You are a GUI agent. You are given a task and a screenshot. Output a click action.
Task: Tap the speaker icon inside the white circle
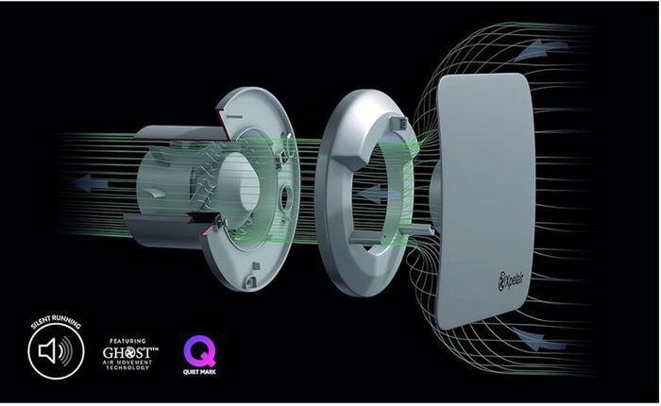coord(55,350)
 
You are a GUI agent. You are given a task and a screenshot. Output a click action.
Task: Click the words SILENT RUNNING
coord(55,321)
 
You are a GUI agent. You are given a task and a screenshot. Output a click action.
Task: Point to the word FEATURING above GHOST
coord(127,341)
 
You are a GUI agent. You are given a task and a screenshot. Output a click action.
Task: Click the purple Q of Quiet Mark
coord(199,351)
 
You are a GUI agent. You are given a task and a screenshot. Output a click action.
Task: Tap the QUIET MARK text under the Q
coord(199,372)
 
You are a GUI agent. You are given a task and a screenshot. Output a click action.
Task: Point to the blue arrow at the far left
coord(90,183)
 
